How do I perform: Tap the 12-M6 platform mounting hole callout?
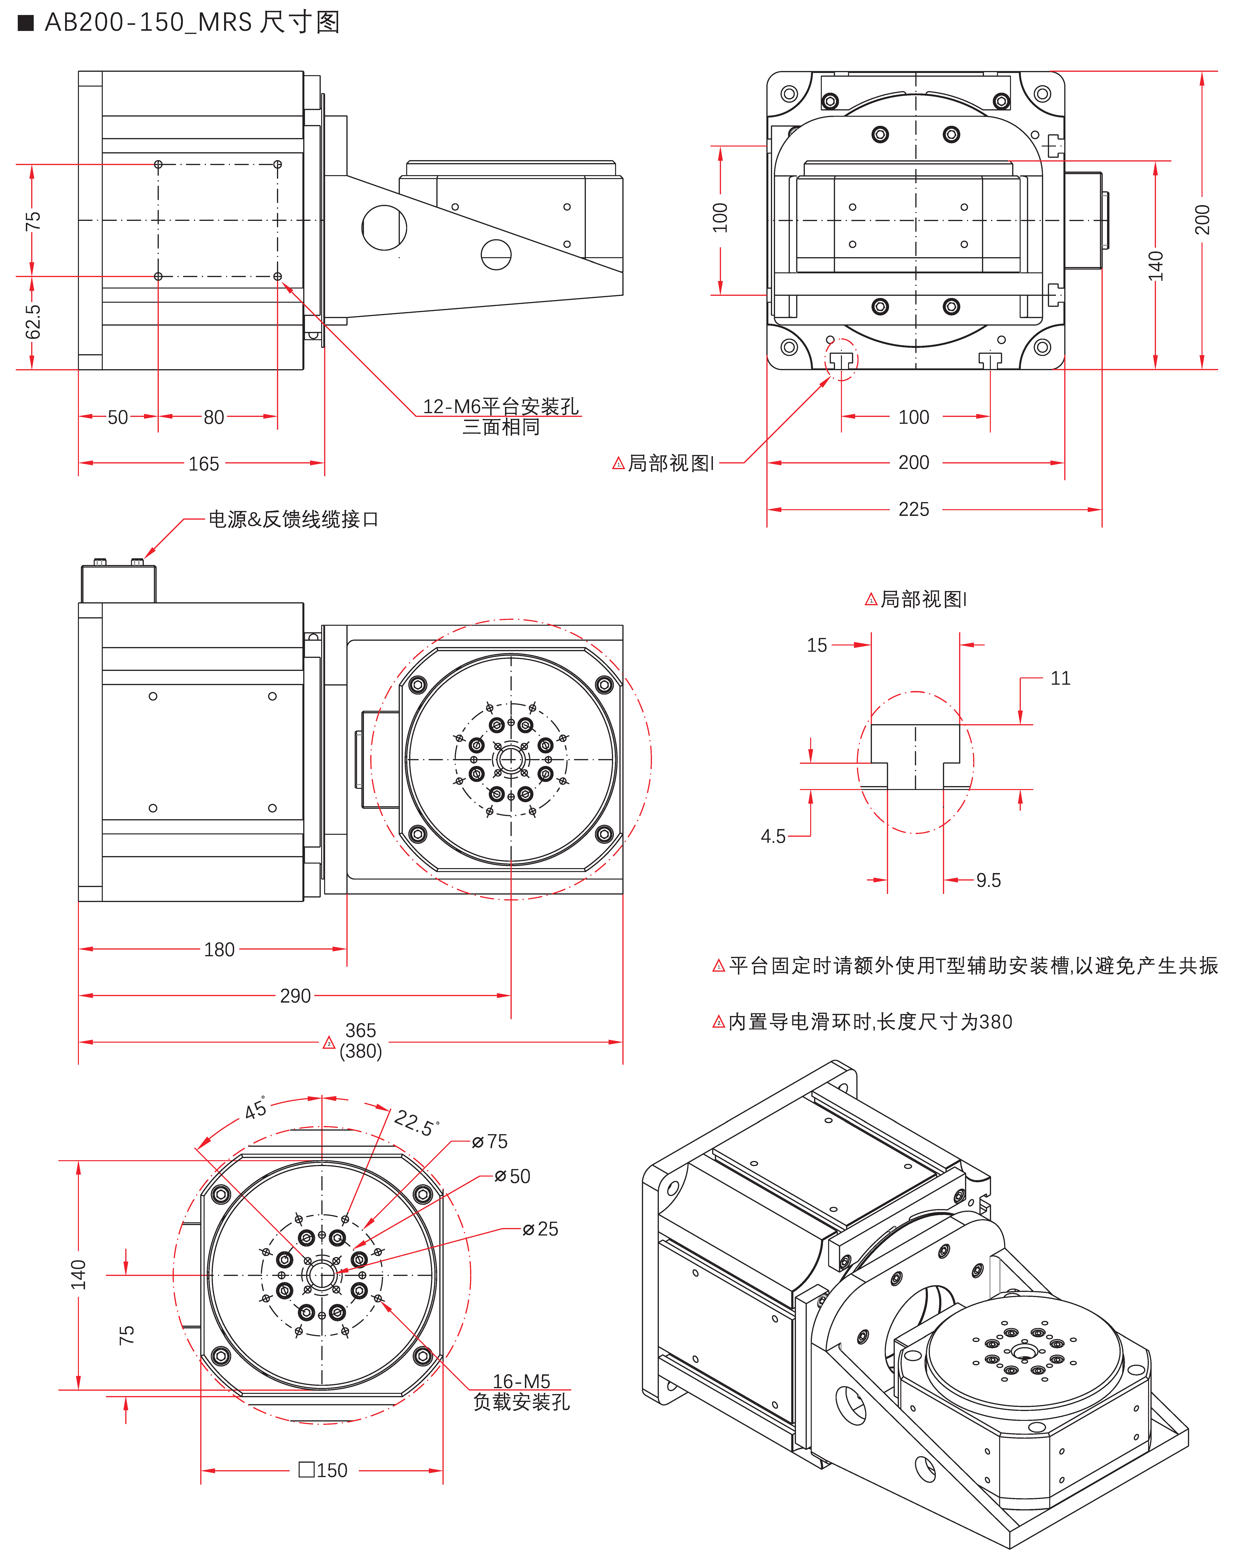click(500, 406)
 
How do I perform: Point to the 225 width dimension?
click(913, 510)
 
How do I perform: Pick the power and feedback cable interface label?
click(293, 519)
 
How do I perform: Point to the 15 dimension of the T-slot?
click(817, 645)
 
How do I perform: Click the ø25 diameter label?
click(541, 1229)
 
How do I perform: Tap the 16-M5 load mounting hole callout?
click(521, 1381)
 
